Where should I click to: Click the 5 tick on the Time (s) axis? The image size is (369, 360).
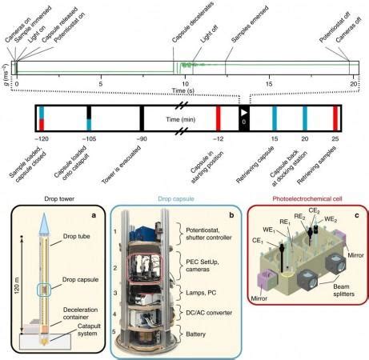tap(101, 82)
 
